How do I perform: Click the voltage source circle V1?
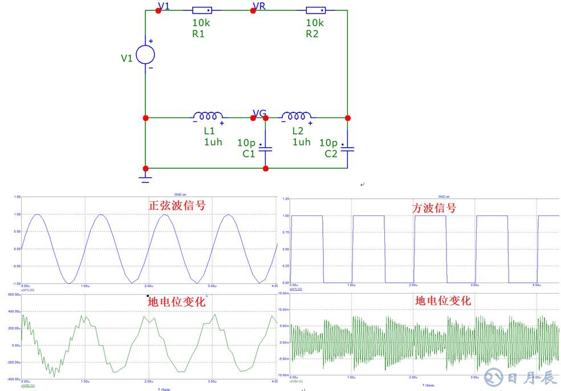pyautogui.click(x=145, y=55)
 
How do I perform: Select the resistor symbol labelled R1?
pyautogui.click(x=202, y=10)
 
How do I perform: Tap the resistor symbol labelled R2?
pyautogui.click(x=316, y=10)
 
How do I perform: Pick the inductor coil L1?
pyautogui.click(x=208, y=116)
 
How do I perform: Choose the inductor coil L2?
pyautogui.click(x=296, y=116)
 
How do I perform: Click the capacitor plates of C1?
pyautogui.click(x=266, y=149)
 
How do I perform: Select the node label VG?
pyautogui.click(x=259, y=113)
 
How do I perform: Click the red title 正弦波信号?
pyautogui.click(x=177, y=205)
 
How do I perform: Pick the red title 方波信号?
pyautogui.click(x=434, y=208)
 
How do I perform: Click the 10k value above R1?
pyautogui.click(x=201, y=23)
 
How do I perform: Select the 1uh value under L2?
pyautogui.click(x=302, y=142)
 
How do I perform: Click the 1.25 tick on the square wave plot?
pyautogui.click(x=285, y=199)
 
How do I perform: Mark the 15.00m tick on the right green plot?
pyautogui.click(x=283, y=294)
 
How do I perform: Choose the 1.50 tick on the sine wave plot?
pyautogui.click(x=17, y=197)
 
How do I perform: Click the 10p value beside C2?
pyautogui.click(x=328, y=142)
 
